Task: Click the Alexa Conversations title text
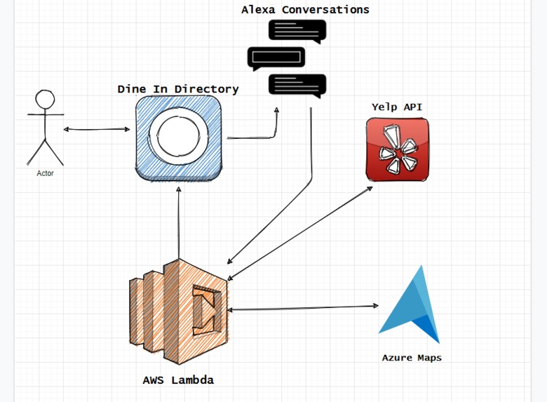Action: [x=305, y=10]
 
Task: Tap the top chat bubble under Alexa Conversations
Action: [x=297, y=31]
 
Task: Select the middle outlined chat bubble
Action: [x=276, y=58]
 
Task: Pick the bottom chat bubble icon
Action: [x=297, y=85]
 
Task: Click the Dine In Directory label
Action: [x=178, y=89]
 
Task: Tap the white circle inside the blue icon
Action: [x=179, y=135]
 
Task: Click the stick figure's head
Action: [x=46, y=100]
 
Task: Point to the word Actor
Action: [x=45, y=173]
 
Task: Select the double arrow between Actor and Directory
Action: [x=97, y=129]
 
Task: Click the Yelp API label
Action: [x=397, y=107]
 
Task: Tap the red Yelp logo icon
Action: [x=397, y=149]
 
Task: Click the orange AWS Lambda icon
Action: [x=179, y=313]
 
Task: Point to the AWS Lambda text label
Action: [x=178, y=380]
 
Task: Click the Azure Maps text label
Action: [x=412, y=358]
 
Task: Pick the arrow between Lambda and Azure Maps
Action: [x=302, y=307]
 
